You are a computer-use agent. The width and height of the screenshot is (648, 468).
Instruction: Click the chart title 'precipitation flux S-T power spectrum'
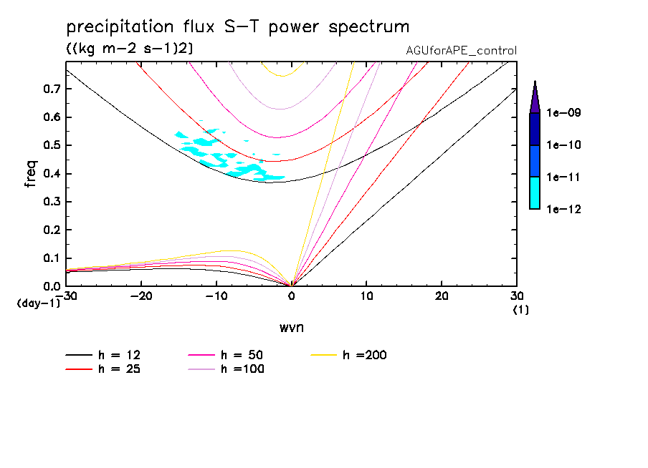pos(237,27)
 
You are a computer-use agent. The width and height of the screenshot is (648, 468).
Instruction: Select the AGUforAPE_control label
pos(461,51)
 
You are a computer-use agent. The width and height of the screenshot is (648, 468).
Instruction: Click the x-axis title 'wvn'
pos(291,328)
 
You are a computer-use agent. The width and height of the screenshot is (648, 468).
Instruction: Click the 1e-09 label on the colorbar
pos(564,113)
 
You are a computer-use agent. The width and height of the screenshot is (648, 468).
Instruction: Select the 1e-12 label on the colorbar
pos(564,209)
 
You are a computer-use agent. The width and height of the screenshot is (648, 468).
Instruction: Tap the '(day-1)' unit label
pos(39,303)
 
